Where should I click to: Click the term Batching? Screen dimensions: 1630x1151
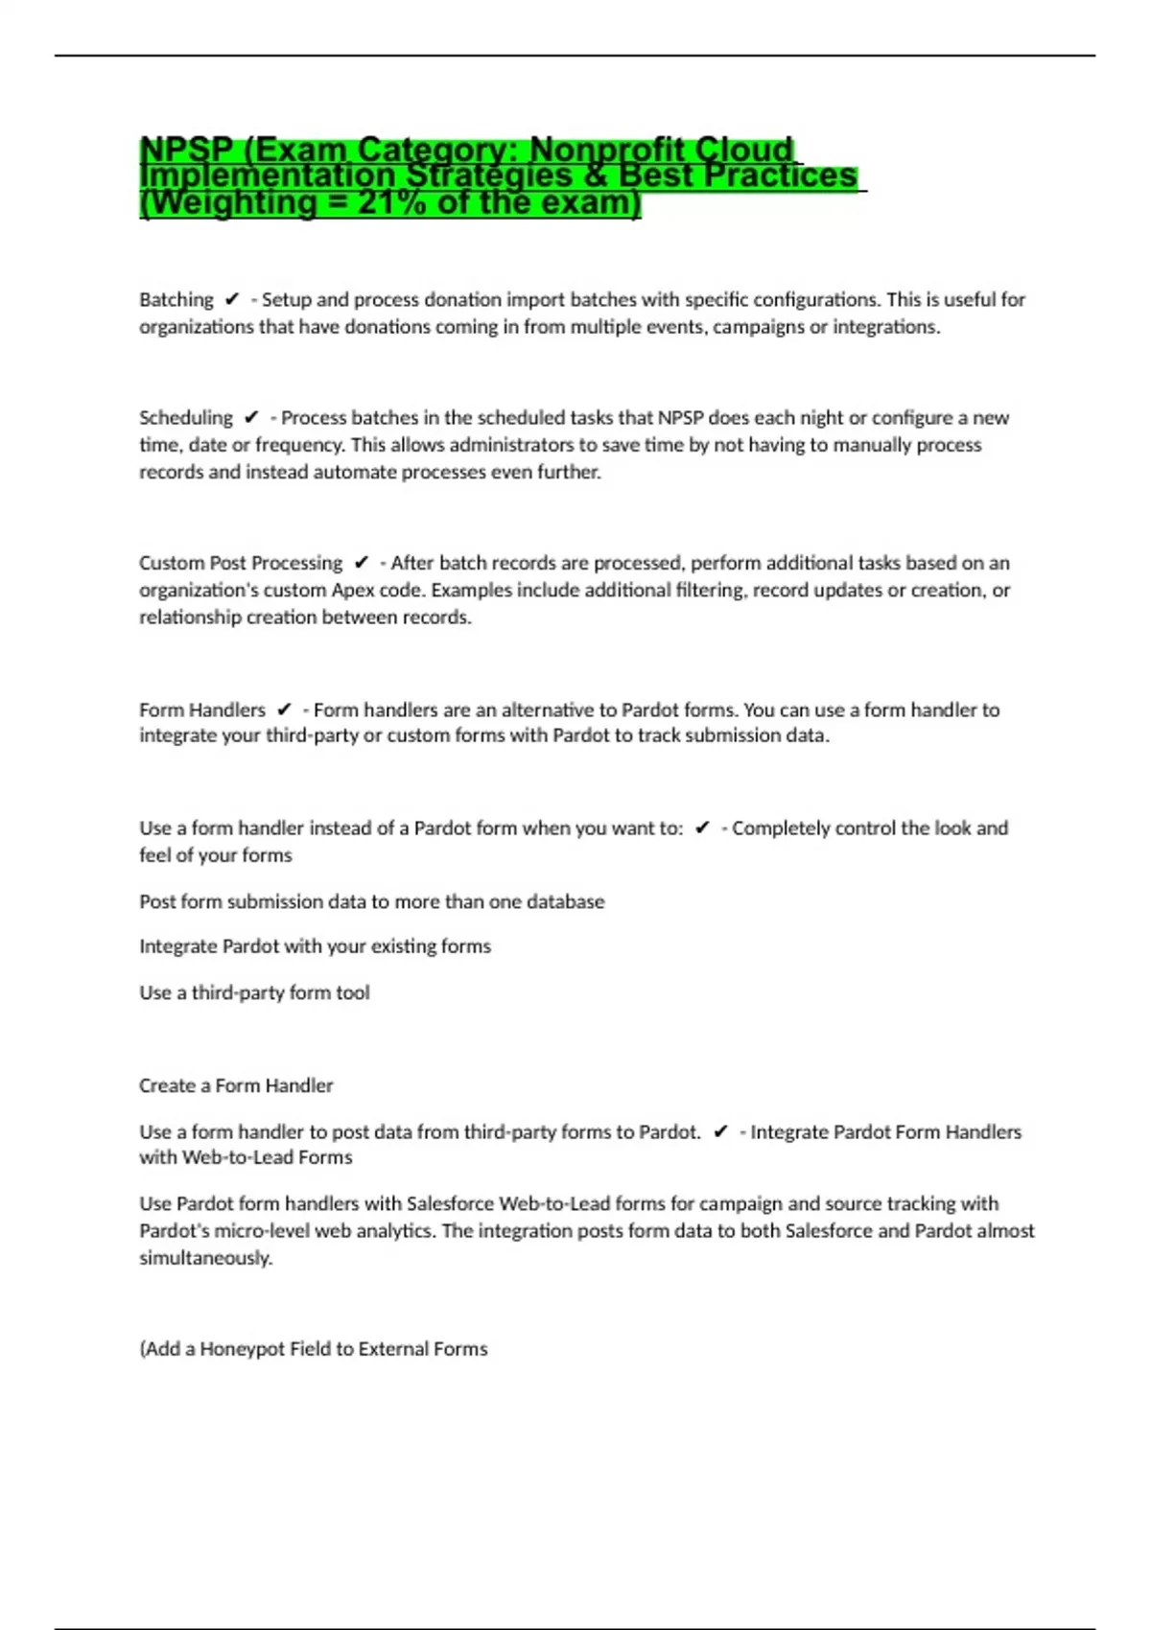click(176, 300)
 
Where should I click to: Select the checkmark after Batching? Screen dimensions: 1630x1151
click(231, 300)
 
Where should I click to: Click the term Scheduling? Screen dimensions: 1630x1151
click(186, 418)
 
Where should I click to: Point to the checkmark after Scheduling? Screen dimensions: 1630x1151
click(251, 418)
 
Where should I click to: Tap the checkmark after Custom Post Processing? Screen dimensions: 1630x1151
click(362, 563)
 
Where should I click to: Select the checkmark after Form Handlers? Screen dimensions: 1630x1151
click(284, 710)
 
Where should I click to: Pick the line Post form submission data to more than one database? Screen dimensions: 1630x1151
click(372, 902)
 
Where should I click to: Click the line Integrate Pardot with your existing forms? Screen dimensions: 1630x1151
click(315, 947)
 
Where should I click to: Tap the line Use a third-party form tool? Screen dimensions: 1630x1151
click(254, 993)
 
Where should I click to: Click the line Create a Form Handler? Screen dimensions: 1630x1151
click(236, 1086)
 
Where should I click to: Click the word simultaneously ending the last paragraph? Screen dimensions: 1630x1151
click(205, 1259)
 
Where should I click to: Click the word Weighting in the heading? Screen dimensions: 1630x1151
click(232, 203)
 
